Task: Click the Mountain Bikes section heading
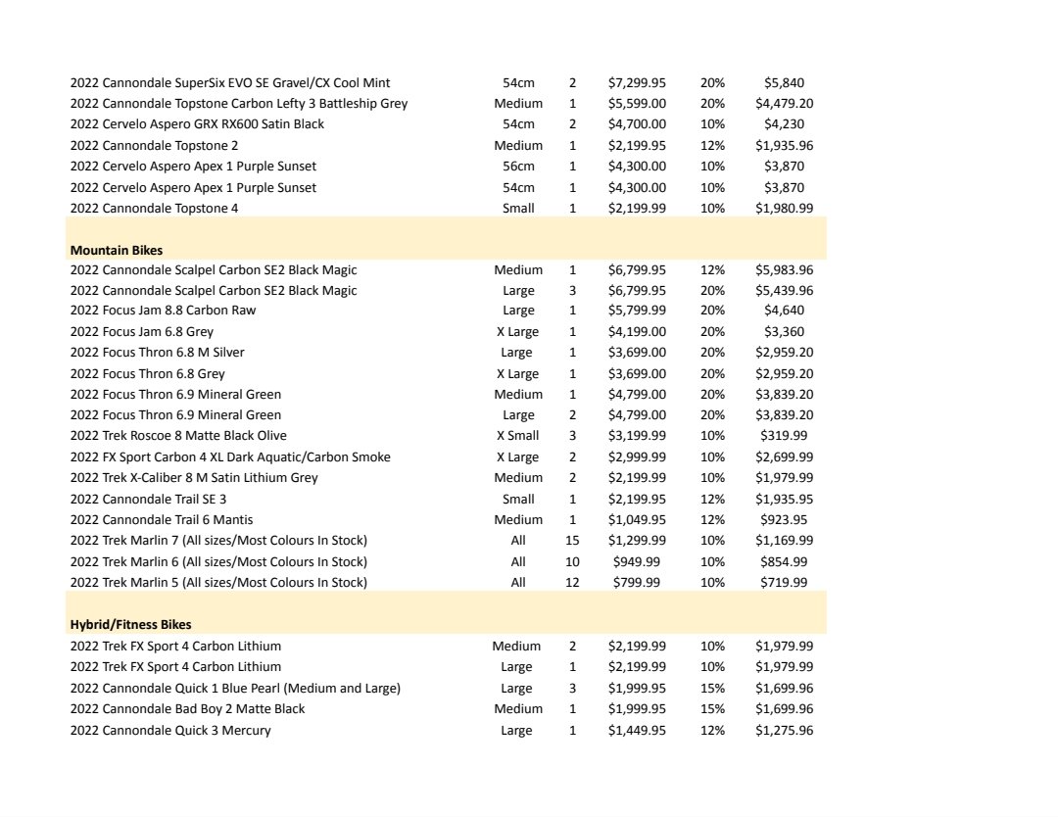(116, 250)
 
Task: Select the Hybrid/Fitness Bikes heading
(130, 624)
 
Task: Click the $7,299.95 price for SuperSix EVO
(637, 83)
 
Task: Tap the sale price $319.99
(784, 436)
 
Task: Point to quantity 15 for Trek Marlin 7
(572, 541)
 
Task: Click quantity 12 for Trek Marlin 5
(572, 583)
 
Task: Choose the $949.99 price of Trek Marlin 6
(637, 562)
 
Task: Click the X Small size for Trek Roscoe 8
(516, 436)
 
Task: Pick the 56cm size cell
(518, 167)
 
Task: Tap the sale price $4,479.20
(784, 104)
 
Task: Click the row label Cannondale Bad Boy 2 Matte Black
(187, 709)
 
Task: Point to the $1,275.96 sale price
(784, 731)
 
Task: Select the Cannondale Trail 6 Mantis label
(162, 520)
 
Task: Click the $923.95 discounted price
(784, 520)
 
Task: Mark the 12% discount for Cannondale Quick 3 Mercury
(712, 731)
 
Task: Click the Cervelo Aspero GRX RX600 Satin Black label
(197, 124)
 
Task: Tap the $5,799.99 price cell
(637, 311)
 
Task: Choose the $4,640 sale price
(784, 311)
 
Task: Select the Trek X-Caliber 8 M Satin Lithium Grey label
(194, 478)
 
